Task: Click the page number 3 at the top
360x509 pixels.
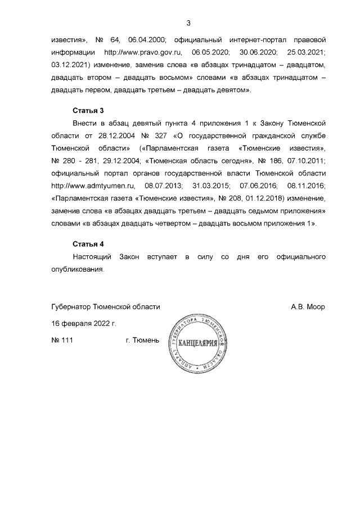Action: pyautogui.click(x=188, y=23)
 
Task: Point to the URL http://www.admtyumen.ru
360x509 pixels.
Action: pyautogui.click(x=91, y=184)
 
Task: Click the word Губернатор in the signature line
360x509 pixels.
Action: pyautogui.click(x=70, y=307)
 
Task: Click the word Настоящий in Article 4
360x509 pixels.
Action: pyautogui.click(x=91, y=256)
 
